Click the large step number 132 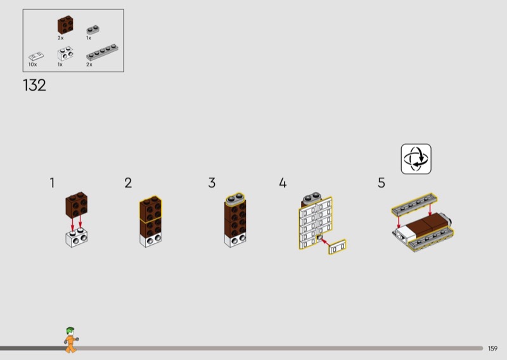(x=34, y=86)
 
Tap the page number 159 (x=493, y=349)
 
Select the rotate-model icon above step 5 (x=416, y=159)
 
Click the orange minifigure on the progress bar (x=71, y=340)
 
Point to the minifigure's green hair (x=70, y=331)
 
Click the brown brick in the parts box (x=65, y=25)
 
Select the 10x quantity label (x=32, y=65)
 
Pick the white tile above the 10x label (x=36, y=56)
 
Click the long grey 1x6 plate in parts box (x=102, y=53)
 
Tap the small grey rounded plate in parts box (x=93, y=30)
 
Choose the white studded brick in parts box (x=65, y=54)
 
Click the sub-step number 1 (x=53, y=183)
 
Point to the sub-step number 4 (x=283, y=183)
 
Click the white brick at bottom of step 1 (x=77, y=238)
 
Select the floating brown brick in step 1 (x=77, y=205)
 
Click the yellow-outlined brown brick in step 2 (x=151, y=209)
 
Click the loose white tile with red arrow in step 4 (x=337, y=247)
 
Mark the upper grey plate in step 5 (x=414, y=205)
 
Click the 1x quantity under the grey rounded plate (x=89, y=38)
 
